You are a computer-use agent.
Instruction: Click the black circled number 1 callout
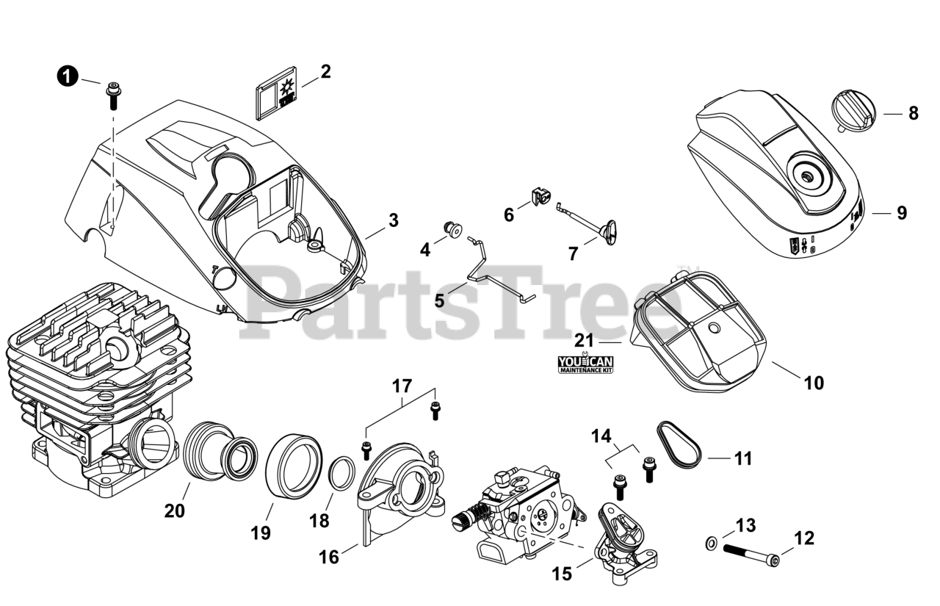(x=67, y=76)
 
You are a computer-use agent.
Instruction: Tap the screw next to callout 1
(x=113, y=94)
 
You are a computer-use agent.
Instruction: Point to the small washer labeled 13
(x=711, y=544)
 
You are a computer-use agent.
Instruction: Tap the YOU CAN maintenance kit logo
(x=585, y=363)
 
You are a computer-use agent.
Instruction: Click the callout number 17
(x=402, y=386)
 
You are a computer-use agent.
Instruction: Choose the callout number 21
(x=584, y=340)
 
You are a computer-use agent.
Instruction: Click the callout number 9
(x=901, y=213)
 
